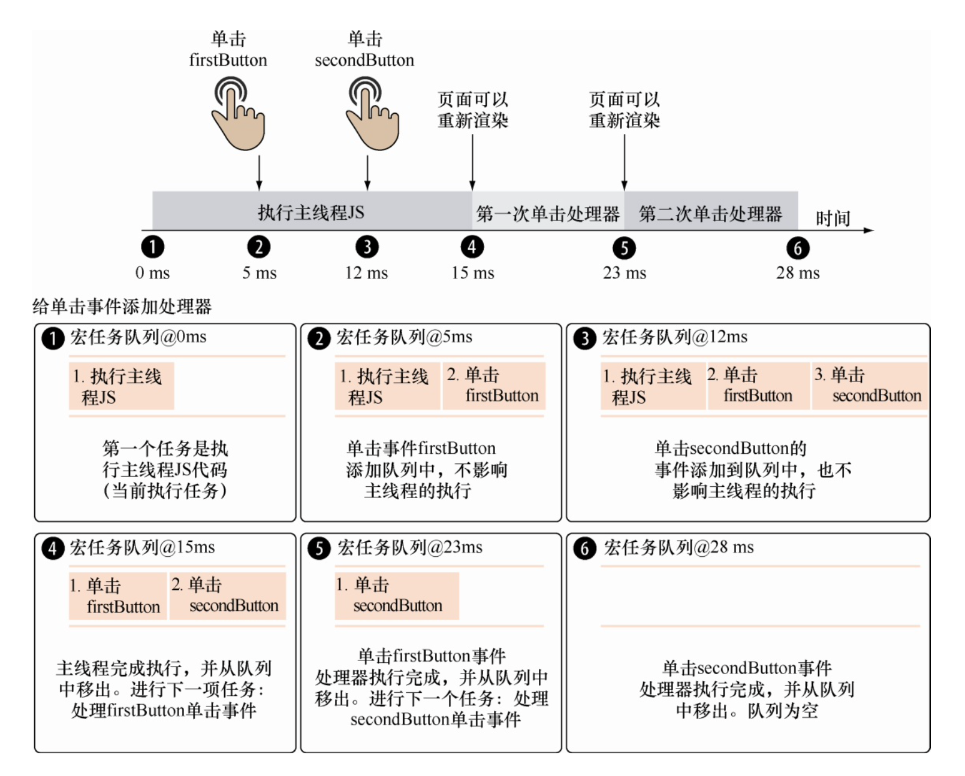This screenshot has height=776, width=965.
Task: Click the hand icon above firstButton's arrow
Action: (238, 114)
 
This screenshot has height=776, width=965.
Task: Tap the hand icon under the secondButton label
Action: (372, 114)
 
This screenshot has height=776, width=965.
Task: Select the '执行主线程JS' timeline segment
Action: (312, 212)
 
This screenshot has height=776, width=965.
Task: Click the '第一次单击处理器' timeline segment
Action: (548, 213)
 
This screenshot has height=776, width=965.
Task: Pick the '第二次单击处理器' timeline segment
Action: (710, 213)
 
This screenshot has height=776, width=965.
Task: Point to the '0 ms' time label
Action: (152, 273)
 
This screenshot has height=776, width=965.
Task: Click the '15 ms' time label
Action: (472, 273)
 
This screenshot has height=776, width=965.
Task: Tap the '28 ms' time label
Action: (797, 273)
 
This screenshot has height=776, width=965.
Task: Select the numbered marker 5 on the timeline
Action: (624, 248)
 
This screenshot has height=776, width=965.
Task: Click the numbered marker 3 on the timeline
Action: (367, 247)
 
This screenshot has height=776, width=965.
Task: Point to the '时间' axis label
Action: (833, 219)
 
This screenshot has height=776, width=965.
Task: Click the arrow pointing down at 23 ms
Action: (624, 162)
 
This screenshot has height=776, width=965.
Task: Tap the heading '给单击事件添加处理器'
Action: (122, 307)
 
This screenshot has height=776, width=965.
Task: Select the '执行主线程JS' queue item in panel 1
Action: (121, 386)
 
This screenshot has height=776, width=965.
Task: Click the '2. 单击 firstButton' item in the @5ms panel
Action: (493, 386)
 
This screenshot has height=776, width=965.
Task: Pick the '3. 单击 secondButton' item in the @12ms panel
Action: (869, 386)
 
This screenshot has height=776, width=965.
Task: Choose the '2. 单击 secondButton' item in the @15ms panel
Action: (227, 596)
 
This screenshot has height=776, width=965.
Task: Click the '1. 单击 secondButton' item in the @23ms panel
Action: (396, 596)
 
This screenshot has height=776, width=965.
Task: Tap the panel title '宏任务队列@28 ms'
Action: (678, 547)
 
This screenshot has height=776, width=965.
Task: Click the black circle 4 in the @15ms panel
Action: (53, 548)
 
